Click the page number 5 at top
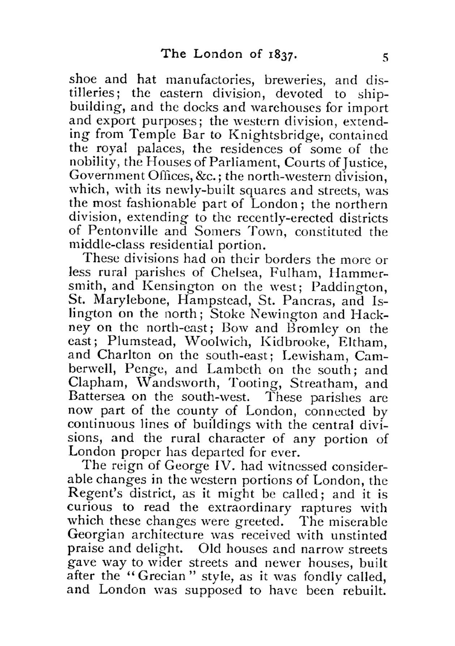[x=385, y=57]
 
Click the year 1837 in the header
[x=282, y=54]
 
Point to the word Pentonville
[x=131, y=232]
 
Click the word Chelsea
[x=231, y=273]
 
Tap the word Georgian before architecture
[x=94, y=535]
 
